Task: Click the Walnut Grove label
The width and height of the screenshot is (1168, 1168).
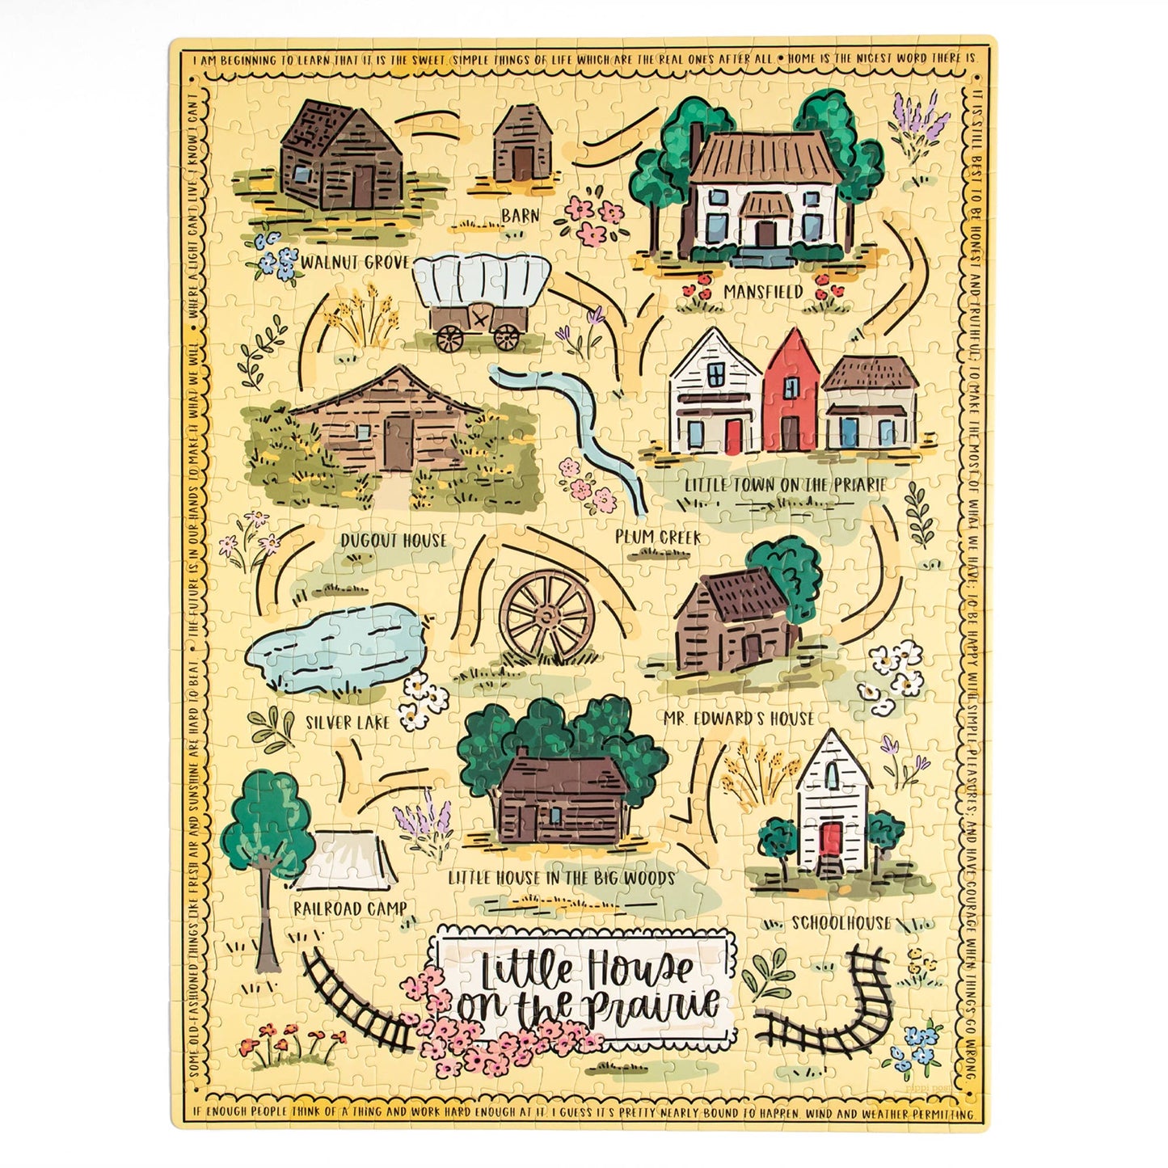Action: (x=355, y=263)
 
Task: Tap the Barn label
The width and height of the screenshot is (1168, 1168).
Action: (x=521, y=216)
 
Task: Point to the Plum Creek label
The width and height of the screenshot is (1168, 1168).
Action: (x=658, y=537)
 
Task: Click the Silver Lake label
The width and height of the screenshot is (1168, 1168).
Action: (x=348, y=722)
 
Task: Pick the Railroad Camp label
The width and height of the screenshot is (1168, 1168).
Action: (x=350, y=909)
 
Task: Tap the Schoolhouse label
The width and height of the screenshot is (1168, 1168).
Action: (x=841, y=923)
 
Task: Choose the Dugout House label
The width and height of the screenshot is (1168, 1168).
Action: (x=394, y=541)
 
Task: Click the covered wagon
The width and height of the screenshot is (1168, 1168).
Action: (x=480, y=299)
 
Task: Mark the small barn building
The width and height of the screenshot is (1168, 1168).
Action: (x=521, y=147)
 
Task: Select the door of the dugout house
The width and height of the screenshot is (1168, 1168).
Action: (x=397, y=443)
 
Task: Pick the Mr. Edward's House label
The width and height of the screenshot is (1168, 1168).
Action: (x=739, y=719)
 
